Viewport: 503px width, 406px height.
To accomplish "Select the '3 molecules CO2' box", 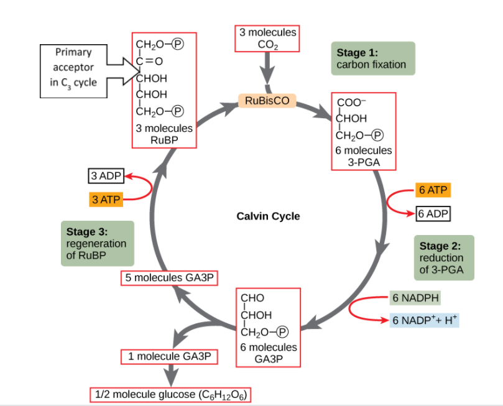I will (x=268, y=38).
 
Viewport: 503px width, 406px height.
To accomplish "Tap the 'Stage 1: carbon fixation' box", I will (x=372, y=58).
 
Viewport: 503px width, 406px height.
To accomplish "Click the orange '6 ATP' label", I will (x=433, y=190).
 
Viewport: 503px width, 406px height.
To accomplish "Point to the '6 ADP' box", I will (x=433, y=214).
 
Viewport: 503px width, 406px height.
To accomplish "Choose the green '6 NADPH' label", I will (x=416, y=298).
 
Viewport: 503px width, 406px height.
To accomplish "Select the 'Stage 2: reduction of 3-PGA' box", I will (x=443, y=257).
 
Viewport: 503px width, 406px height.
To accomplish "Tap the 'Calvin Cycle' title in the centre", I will (x=268, y=216).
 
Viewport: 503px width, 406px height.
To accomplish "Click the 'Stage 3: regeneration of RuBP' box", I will (x=96, y=243).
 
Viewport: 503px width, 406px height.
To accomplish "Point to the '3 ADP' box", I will (x=106, y=176).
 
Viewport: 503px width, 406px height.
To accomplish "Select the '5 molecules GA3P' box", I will (x=170, y=278).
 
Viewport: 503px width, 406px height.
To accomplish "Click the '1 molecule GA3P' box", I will (x=170, y=357).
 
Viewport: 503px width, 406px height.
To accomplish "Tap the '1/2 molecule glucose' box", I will (x=172, y=395).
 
